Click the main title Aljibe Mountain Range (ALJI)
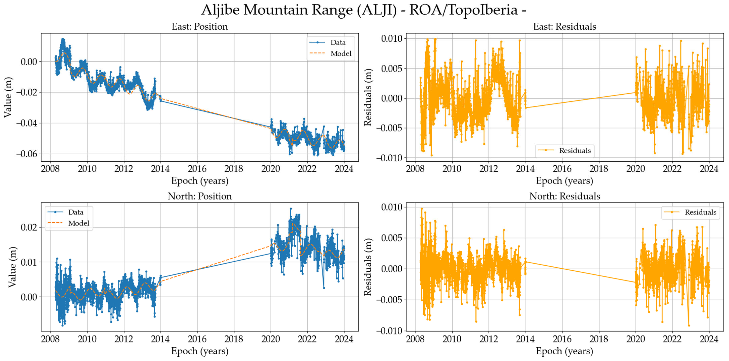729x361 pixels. (363, 10)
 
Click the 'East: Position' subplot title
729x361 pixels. (200, 27)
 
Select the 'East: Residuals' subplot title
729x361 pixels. (565, 27)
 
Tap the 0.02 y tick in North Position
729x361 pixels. (29, 227)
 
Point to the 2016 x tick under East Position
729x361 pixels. (197, 169)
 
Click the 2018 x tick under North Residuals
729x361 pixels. (598, 339)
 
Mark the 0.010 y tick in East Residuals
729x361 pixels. (392, 39)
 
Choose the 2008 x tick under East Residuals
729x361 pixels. (415, 169)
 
